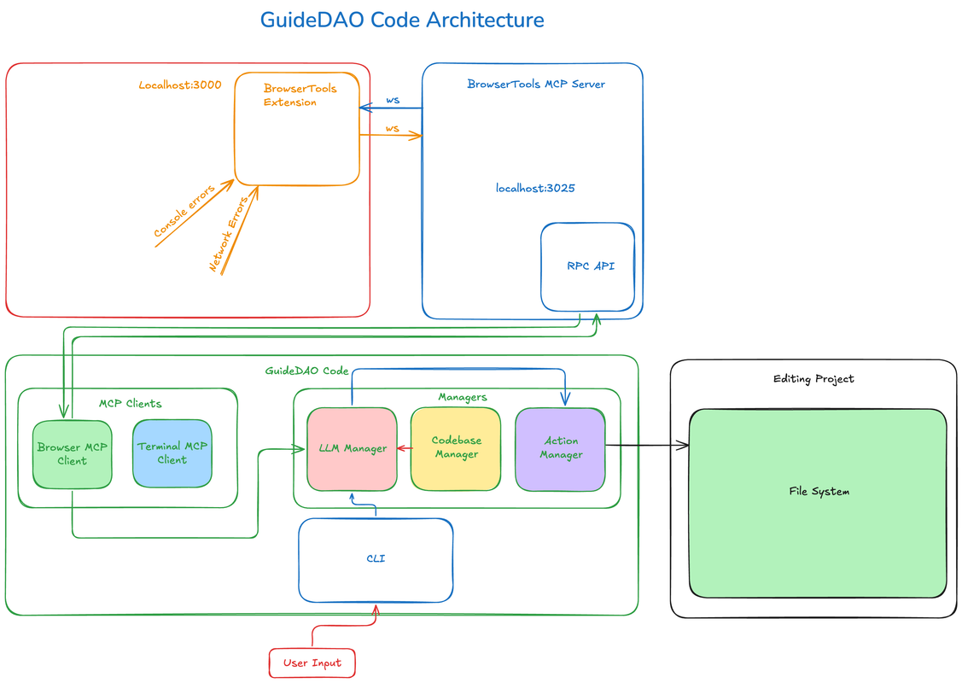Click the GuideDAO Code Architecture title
tap(402, 20)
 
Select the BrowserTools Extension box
tap(297, 129)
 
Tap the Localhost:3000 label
tap(180, 85)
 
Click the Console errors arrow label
tap(184, 212)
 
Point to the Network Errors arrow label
tap(229, 234)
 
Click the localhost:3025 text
tap(535, 188)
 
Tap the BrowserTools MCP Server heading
tap(536, 84)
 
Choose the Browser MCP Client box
tap(72, 454)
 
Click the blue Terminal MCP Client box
tap(172, 452)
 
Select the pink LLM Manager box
tap(352, 449)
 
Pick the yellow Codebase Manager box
tap(456, 448)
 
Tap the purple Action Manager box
tap(560, 448)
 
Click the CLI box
tap(376, 559)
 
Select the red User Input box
tap(312, 663)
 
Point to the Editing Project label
tap(813, 378)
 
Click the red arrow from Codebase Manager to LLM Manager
tap(404, 447)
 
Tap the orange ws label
tap(392, 128)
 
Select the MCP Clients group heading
tap(130, 403)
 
